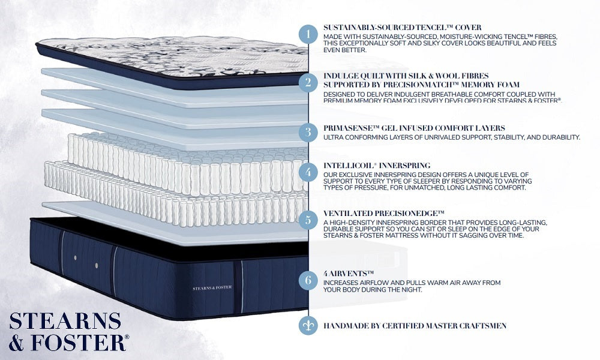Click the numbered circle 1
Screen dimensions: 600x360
point(308,34)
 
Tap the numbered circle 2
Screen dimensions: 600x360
point(308,82)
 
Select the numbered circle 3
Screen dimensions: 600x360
point(308,132)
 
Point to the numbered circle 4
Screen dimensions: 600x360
point(308,172)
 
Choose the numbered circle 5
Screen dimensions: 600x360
point(308,220)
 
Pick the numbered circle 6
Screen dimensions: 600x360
point(308,280)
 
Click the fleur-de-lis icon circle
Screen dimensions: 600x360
point(308,326)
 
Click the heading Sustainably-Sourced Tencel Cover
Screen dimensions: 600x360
point(402,28)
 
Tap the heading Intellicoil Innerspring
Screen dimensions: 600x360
point(377,166)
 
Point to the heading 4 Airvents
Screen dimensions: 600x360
point(348,273)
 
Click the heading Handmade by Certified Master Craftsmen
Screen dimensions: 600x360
point(415,326)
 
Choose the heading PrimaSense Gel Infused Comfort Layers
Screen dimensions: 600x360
point(414,128)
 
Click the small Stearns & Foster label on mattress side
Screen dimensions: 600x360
point(212,287)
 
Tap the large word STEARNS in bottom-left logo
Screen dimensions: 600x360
point(65,322)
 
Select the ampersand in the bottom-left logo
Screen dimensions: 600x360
point(16,343)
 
